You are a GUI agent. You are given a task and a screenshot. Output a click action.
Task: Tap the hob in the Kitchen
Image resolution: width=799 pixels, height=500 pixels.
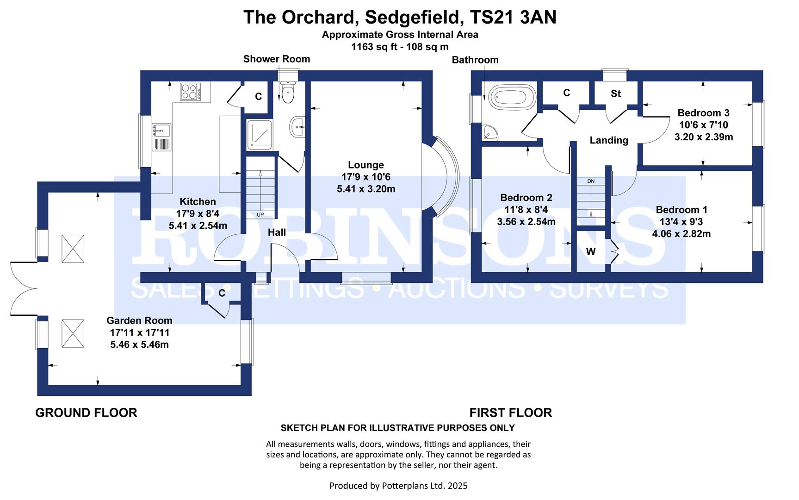(x=191, y=91)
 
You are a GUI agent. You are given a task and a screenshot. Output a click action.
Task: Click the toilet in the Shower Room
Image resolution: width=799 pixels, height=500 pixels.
(x=288, y=92)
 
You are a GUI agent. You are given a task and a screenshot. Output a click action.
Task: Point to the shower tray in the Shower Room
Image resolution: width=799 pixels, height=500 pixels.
(x=260, y=134)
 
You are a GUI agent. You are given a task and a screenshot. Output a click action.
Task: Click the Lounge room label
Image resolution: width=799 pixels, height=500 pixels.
(x=366, y=165)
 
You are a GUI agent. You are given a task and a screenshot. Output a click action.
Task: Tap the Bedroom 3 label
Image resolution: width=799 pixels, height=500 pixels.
(x=703, y=113)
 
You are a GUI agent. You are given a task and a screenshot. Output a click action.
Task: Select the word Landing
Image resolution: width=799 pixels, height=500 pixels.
(x=609, y=140)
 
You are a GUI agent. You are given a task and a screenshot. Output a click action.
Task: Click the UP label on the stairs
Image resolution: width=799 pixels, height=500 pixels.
(x=260, y=215)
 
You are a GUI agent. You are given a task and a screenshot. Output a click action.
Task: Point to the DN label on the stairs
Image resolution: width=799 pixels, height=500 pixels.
(x=591, y=181)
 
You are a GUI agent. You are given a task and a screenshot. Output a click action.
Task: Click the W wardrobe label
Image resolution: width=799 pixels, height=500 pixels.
(x=591, y=252)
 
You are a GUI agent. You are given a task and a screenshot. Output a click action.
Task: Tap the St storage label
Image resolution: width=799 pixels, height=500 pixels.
(x=615, y=94)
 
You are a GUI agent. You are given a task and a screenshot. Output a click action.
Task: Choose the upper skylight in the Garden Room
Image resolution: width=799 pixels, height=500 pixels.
(x=73, y=248)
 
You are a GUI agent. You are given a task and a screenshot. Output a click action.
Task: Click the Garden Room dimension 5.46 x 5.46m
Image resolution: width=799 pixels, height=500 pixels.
(x=139, y=344)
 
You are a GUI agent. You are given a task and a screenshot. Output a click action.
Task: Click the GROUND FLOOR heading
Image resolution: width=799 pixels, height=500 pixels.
(x=86, y=412)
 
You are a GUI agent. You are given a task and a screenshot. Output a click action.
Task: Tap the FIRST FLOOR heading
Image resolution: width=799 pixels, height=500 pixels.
(x=511, y=412)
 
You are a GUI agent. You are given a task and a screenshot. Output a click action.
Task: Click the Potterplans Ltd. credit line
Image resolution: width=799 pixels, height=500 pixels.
(x=398, y=486)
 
